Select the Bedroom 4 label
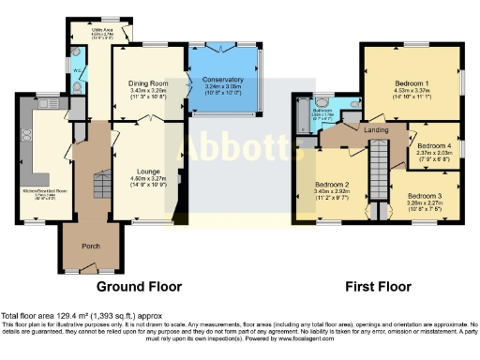433,146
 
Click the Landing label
376,129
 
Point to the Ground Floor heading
138,286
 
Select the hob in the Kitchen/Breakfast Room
26,134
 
